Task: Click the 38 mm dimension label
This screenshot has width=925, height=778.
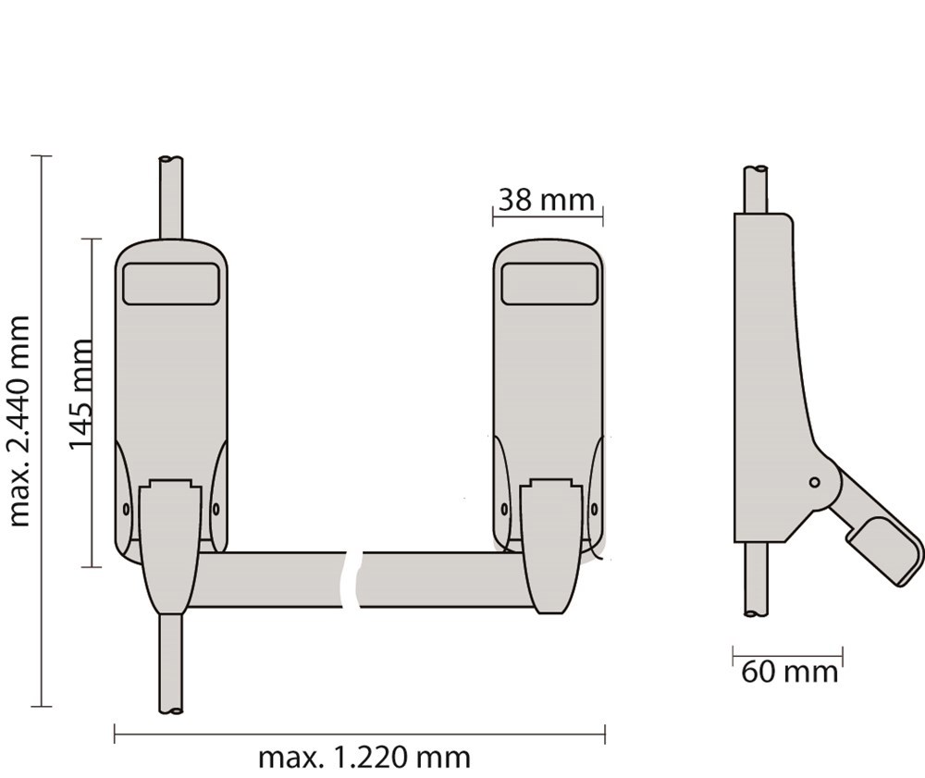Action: tap(546, 199)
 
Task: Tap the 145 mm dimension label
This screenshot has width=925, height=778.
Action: tap(82, 392)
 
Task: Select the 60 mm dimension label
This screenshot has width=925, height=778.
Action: tap(789, 672)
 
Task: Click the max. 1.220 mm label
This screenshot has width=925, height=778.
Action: tap(364, 758)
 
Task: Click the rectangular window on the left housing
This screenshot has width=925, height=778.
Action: tap(171, 283)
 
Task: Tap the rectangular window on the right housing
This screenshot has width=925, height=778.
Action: tap(549, 283)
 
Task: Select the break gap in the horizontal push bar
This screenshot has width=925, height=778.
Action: tap(353, 580)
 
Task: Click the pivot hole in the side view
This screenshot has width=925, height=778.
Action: tap(814, 482)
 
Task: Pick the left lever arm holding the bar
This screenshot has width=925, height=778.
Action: tap(169, 546)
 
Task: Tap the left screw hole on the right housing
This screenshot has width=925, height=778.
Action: tap(503, 509)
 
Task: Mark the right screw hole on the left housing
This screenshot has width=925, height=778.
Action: tap(216, 509)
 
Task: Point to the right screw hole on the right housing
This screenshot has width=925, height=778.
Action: tap(592, 509)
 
